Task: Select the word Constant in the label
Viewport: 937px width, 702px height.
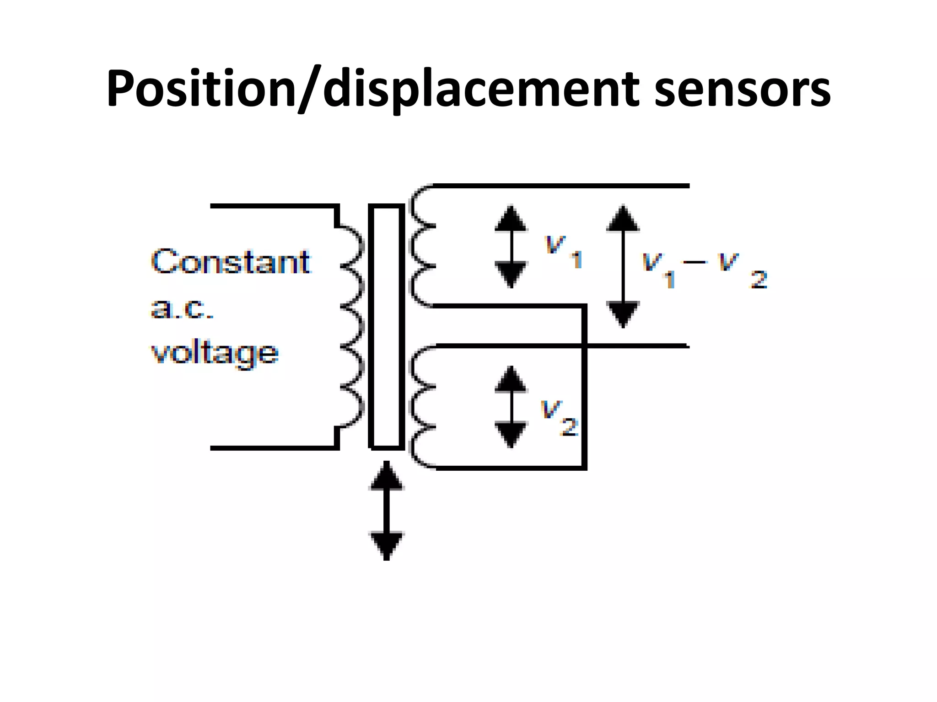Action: [x=231, y=262]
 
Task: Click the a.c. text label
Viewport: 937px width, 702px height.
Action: [x=182, y=308]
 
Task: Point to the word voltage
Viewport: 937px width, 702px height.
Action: [x=215, y=353]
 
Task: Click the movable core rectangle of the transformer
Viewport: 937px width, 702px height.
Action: [x=387, y=326]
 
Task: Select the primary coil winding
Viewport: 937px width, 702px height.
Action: [x=353, y=326]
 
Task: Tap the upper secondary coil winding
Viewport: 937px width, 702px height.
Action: [x=422, y=246]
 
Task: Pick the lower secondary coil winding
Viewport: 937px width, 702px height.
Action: [x=422, y=407]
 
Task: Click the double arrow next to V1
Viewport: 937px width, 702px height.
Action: [x=511, y=247]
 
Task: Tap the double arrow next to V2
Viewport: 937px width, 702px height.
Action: [x=511, y=407]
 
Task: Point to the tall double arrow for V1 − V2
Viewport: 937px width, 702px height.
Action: [x=623, y=267]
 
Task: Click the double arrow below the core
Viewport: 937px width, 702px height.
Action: [x=387, y=511]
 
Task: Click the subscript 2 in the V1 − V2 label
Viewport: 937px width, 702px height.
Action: [x=759, y=279]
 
